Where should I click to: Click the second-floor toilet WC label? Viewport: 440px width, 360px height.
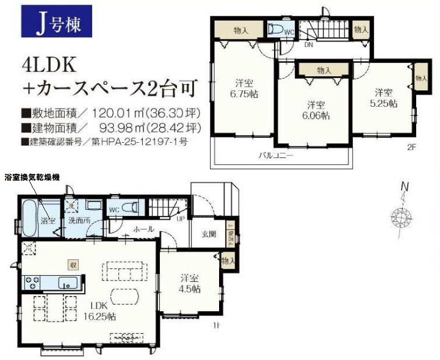pyautogui.click(x=289, y=31)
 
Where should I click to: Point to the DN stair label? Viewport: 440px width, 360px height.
pyautogui.click(x=309, y=44)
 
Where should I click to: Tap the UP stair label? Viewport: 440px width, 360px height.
pyautogui.click(x=181, y=218)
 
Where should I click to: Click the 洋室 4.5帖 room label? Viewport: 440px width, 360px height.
pyautogui.click(x=190, y=283)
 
